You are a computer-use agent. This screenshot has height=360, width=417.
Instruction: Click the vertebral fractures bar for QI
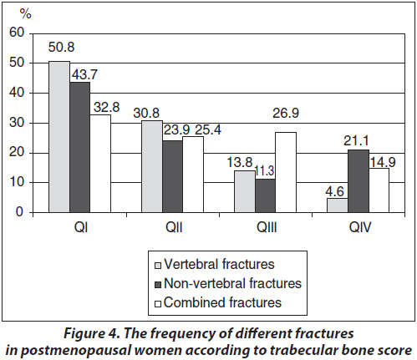click(x=59, y=137)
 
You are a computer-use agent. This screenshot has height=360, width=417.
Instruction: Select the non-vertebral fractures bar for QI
click(x=79, y=147)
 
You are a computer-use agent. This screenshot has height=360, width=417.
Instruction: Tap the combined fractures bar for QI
click(x=100, y=164)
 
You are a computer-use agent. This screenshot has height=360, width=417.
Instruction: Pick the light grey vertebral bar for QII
click(x=152, y=166)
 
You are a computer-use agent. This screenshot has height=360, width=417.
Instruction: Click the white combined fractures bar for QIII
click(x=286, y=172)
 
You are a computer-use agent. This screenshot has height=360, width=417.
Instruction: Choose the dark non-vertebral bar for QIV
click(x=359, y=181)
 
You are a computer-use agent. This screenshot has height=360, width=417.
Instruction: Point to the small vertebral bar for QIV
click(x=338, y=205)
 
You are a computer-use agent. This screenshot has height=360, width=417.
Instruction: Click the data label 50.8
click(x=61, y=47)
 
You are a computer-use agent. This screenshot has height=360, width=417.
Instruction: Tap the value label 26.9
click(x=286, y=113)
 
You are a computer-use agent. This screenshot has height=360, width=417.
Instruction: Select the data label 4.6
click(x=335, y=191)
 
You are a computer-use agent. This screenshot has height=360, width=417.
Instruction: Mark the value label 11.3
click(x=265, y=170)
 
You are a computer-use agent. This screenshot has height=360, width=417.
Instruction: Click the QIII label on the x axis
click(x=267, y=227)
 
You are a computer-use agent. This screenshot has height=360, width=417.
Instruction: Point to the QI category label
click(x=81, y=227)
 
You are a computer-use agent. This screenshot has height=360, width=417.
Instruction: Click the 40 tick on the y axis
click(x=17, y=93)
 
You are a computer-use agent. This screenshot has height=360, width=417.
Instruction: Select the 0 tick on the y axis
click(x=20, y=212)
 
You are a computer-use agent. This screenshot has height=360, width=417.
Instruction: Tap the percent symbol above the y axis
click(x=26, y=13)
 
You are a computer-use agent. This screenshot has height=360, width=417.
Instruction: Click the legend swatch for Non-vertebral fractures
click(x=158, y=285)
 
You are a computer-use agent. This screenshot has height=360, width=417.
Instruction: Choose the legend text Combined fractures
click(x=222, y=302)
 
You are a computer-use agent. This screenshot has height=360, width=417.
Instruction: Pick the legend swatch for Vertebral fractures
click(x=158, y=266)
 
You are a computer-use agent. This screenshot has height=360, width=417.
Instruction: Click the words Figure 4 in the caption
click(x=92, y=333)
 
